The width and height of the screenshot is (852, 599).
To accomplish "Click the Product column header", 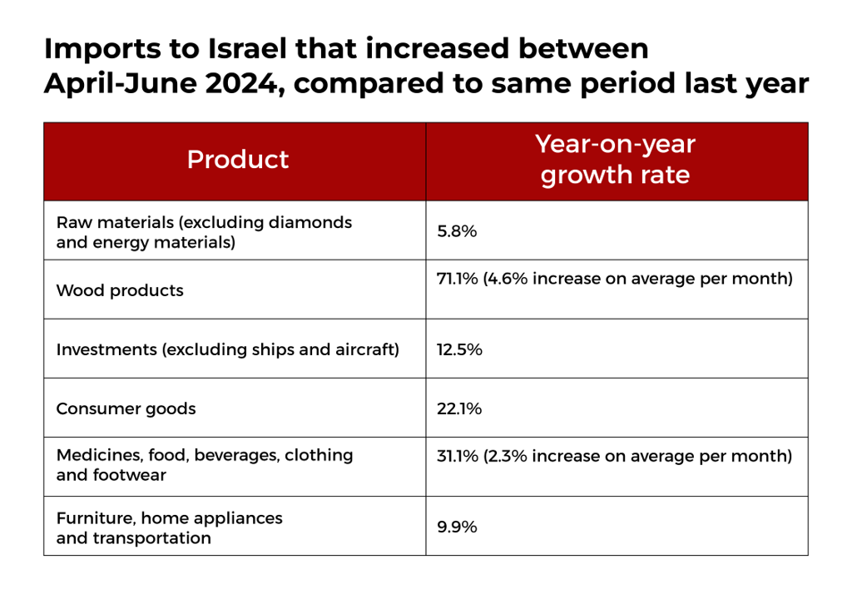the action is (x=237, y=159).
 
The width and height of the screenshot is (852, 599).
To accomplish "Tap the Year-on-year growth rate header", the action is (x=615, y=159).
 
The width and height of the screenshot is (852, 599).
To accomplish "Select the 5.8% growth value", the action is (x=457, y=231).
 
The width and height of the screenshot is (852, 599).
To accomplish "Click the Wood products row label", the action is (x=120, y=291).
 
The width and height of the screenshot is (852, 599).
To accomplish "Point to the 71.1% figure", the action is (x=458, y=279).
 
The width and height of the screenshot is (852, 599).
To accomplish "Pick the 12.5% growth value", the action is (x=459, y=349).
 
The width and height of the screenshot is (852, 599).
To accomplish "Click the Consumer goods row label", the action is (x=126, y=408).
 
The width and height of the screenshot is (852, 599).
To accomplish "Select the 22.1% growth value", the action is (x=459, y=408).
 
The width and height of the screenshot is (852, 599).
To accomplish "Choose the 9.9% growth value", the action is (x=457, y=527).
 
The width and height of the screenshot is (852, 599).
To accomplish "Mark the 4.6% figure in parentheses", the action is (x=508, y=279).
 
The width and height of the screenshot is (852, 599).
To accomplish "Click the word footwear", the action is (x=129, y=475).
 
